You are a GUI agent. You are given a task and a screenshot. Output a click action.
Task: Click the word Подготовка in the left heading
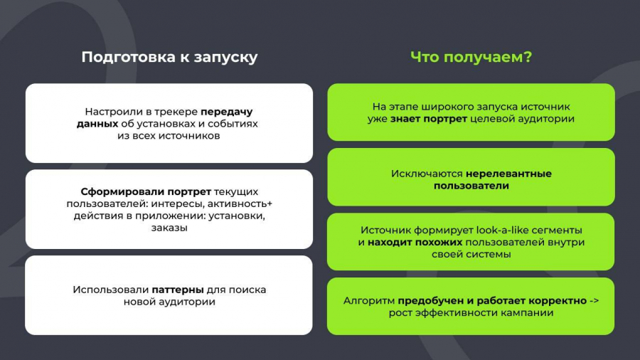(129, 57)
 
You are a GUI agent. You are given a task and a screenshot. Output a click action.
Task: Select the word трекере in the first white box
(177, 112)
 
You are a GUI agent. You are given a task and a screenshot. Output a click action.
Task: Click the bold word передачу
(227, 112)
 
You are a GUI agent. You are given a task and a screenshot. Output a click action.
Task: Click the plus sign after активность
(270, 203)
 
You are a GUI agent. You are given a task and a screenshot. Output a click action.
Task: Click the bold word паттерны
(178, 290)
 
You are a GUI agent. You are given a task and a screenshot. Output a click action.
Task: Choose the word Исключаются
(427, 174)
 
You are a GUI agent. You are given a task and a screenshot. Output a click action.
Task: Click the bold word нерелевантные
(508, 174)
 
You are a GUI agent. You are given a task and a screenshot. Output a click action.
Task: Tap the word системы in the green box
(492, 255)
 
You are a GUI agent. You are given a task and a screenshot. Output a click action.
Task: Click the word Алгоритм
(369, 301)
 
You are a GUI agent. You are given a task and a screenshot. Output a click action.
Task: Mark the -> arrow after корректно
(594, 301)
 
